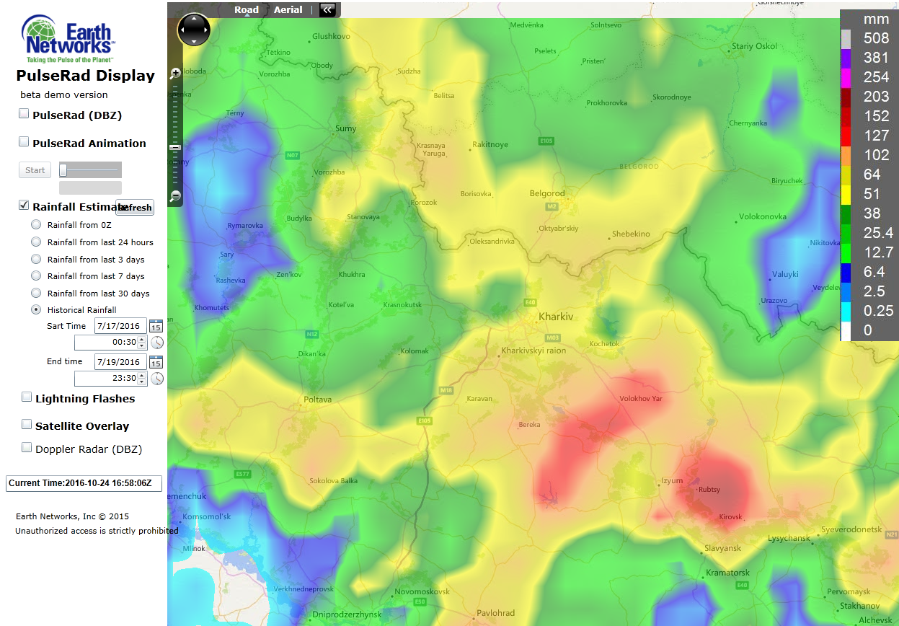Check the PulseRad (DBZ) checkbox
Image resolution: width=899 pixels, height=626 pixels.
click(24, 114)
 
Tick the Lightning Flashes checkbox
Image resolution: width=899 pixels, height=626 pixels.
click(27, 397)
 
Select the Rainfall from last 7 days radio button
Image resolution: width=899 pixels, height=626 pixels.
click(36, 276)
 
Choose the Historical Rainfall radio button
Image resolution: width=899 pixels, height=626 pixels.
click(36, 310)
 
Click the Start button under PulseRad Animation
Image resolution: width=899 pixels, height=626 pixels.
click(35, 170)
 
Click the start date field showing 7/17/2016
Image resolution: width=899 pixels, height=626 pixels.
click(120, 326)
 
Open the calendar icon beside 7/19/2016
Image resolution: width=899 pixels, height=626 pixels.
click(156, 361)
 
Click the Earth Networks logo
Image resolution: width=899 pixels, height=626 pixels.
click(67, 40)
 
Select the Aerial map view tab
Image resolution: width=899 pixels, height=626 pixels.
click(288, 10)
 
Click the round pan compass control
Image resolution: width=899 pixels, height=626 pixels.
click(194, 30)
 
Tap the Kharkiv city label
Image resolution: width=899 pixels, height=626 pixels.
click(556, 317)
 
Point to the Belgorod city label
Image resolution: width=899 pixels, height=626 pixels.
click(547, 193)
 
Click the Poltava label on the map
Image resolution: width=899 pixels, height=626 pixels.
click(318, 400)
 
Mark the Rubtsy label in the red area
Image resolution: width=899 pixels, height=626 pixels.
click(709, 490)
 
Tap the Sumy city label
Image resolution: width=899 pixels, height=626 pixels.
click(346, 128)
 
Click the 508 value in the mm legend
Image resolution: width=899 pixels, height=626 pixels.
click(877, 38)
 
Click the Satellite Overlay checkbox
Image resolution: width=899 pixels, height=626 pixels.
click(27, 425)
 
